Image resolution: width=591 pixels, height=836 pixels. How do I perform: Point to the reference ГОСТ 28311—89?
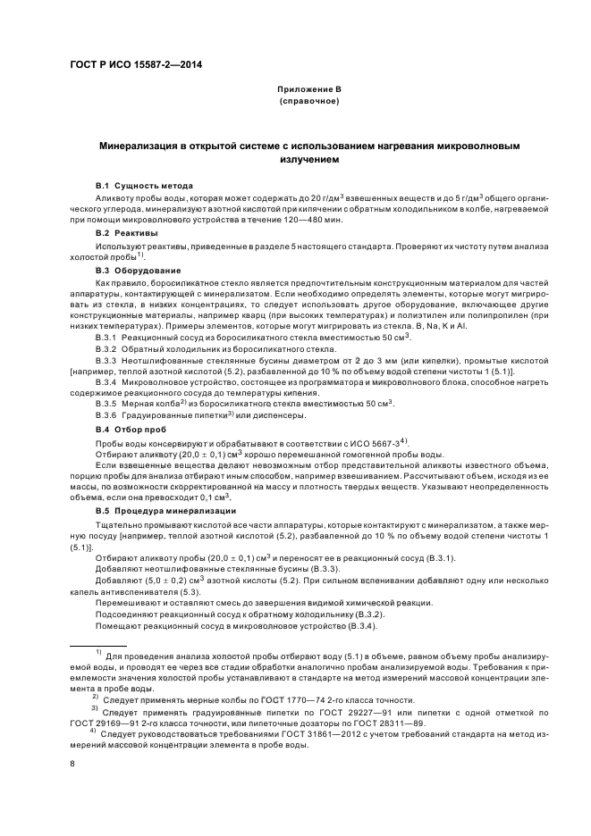click(x=399, y=723)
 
